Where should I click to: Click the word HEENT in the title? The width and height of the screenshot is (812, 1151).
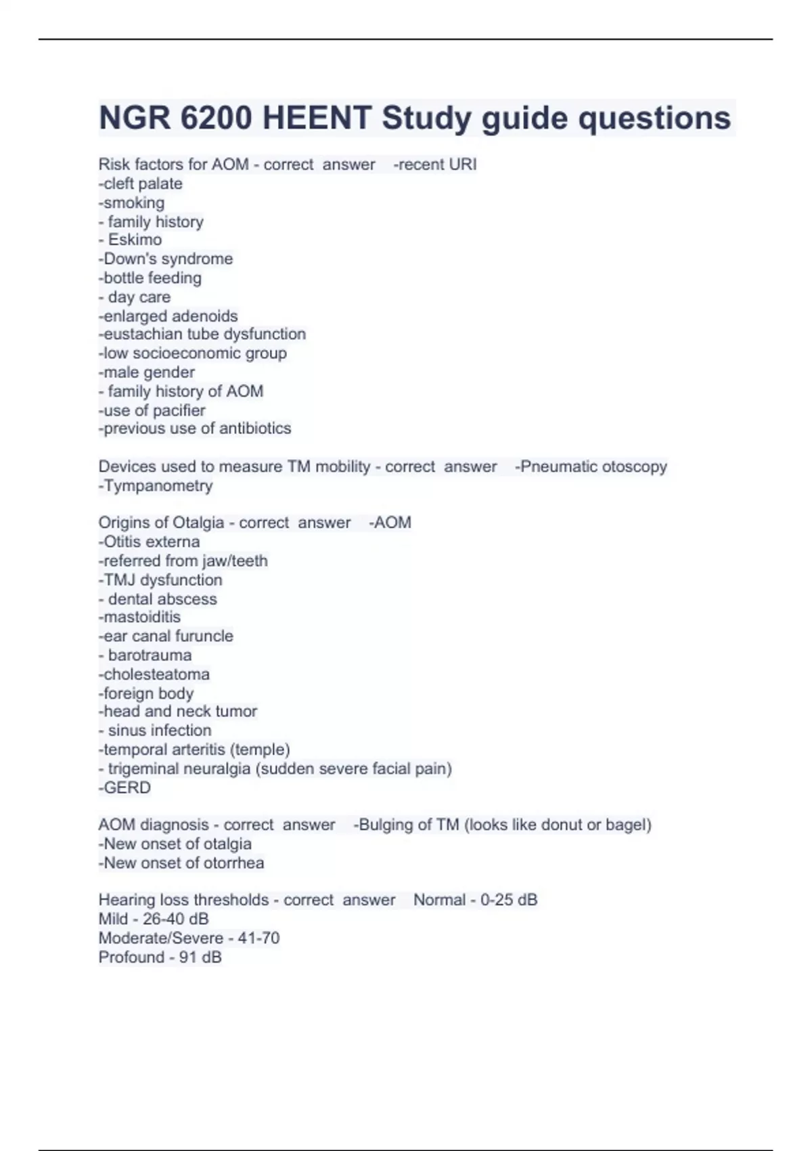coord(316,118)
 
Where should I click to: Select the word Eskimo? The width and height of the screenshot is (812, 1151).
coord(135,240)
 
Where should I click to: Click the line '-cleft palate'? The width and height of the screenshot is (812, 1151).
coord(141,183)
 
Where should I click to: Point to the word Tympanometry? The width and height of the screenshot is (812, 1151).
coord(158,485)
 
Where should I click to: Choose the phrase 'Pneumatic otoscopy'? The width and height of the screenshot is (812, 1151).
coord(593,466)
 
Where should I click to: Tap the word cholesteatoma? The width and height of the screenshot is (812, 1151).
coord(156,674)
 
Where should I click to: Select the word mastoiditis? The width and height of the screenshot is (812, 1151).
coord(142,617)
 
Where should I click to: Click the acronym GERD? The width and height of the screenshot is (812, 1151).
coord(127,787)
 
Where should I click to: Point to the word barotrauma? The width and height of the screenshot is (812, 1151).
coord(150,655)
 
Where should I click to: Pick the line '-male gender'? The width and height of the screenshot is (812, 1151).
coord(147,372)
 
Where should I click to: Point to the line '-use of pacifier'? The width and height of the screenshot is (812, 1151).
coord(152,410)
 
